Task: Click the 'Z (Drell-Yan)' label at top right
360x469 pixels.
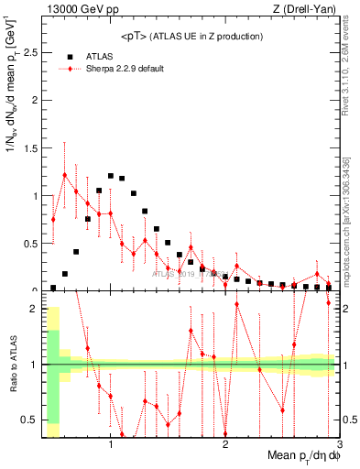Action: pos(308,10)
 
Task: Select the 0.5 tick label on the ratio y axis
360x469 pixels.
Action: pos(30,420)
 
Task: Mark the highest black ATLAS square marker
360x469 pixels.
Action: pos(111,176)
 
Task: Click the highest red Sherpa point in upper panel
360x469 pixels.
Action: pos(64,174)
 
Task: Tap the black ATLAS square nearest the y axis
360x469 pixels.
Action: pos(53,288)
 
